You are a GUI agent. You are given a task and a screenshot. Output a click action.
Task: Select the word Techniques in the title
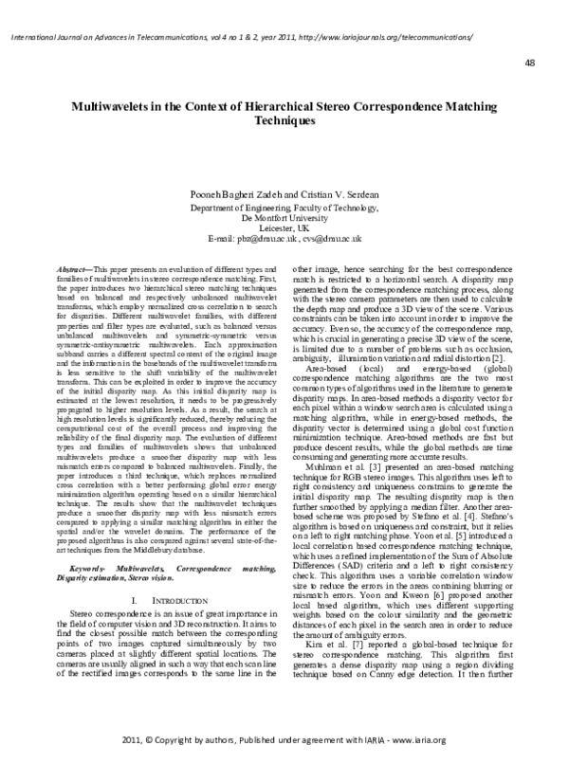pos(284,123)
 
